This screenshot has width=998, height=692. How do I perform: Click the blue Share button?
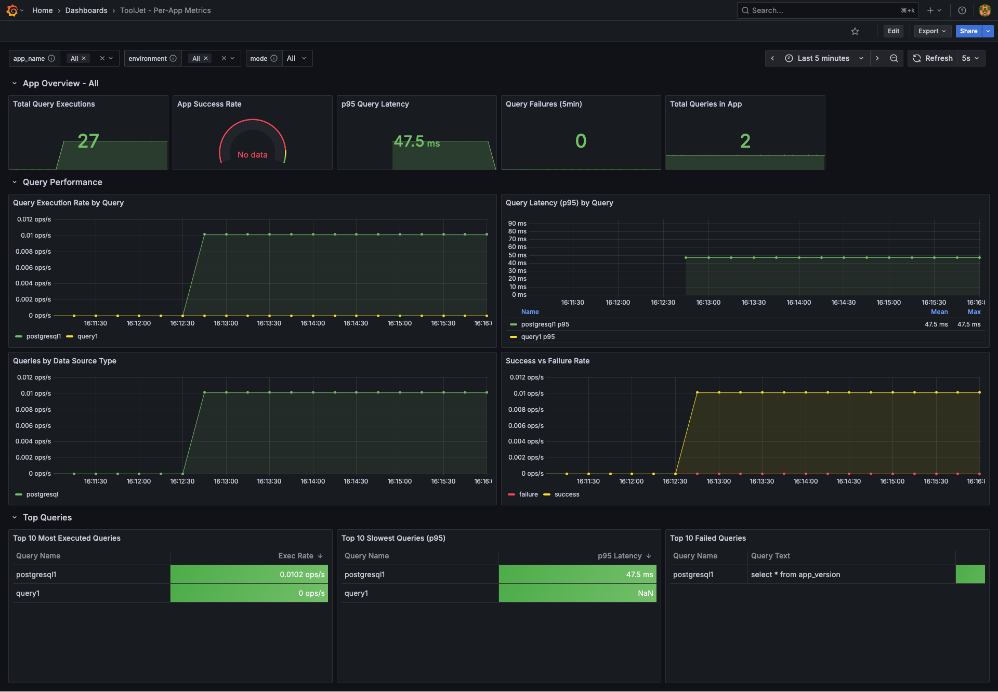[968, 31]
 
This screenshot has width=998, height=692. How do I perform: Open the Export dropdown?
[932, 31]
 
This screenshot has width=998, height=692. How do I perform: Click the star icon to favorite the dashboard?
[855, 31]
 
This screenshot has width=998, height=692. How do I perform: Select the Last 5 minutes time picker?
[823, 58]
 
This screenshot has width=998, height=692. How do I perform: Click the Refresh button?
[933, 58]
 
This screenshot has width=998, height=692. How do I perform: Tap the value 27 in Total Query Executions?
[88, 141]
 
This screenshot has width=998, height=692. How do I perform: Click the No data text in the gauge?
[252, 155]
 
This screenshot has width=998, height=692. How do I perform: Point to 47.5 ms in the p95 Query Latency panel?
[416, 141]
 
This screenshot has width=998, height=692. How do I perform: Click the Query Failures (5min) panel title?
[544, 104]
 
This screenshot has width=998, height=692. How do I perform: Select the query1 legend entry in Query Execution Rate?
[87, 336]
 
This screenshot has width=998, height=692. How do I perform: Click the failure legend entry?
[528, 494]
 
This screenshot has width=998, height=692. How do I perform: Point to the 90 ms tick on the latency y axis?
[517, 224]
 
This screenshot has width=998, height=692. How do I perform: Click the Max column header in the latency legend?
[974, 312]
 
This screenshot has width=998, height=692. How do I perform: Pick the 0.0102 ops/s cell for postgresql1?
[301, 575]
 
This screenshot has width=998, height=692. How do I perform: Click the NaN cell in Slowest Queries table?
[645, 593]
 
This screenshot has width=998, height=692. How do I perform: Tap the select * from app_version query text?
[795, 575]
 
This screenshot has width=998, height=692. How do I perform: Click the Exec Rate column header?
[296, 556]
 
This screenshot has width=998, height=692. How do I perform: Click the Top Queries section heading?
[47, 517]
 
